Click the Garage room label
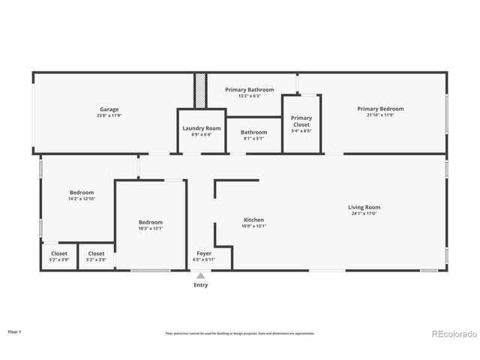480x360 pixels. point(109,109)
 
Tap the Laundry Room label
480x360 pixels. point(202,128)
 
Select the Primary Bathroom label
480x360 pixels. point(250,90)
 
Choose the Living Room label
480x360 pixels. point(364,207)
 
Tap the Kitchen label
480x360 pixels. point(253,220)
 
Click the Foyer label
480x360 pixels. point(204,253)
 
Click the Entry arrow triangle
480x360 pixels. point(201,276)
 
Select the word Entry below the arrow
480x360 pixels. point(201,285)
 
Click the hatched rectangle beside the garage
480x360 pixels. point(200,91)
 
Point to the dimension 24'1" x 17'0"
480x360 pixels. point(364,214)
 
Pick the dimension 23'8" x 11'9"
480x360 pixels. point(109,115)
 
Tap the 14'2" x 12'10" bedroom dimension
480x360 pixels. point(82,199)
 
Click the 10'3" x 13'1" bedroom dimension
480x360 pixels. point(151,229)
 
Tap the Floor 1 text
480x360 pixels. point(14,331)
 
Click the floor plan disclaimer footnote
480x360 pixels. point(240,333)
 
